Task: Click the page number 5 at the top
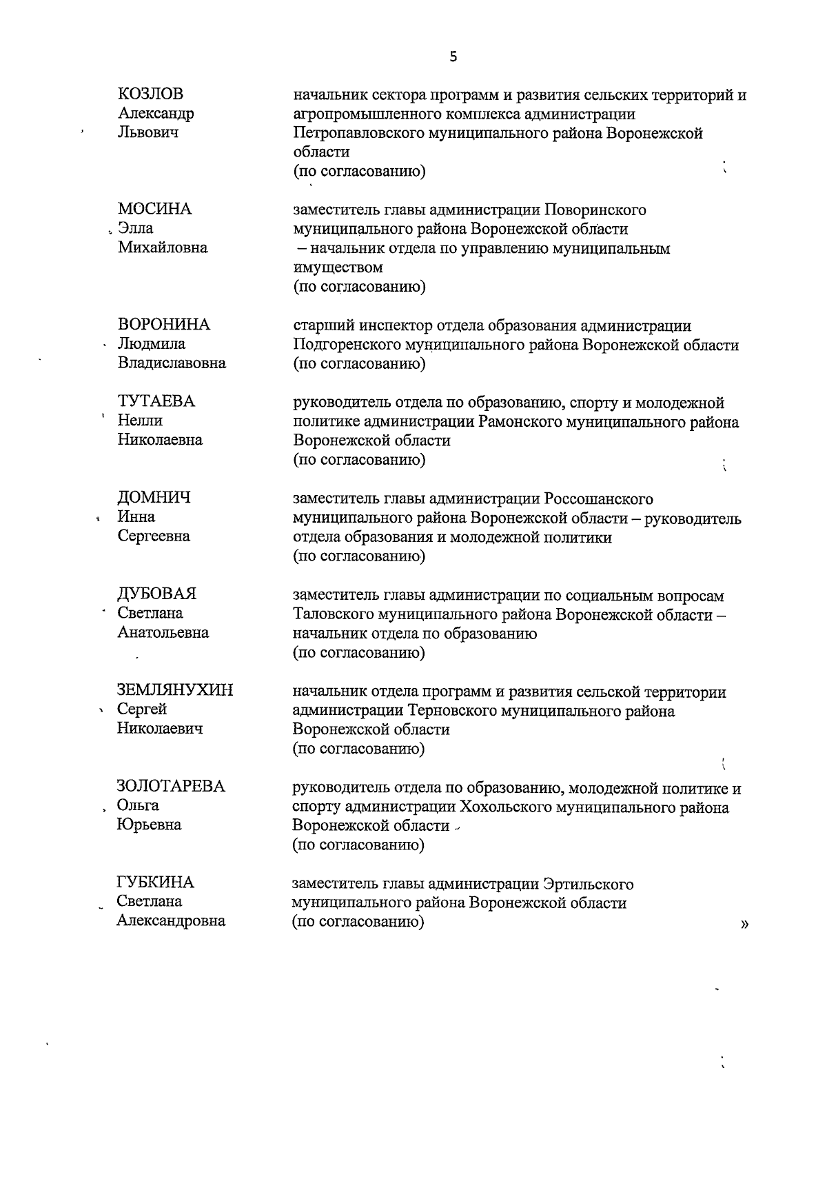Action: click(453, 57)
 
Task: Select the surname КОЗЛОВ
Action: click(151, 94)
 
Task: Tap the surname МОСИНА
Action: click(154, 209)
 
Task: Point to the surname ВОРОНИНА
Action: click(164, 325)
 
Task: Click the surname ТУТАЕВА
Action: click(156, 401)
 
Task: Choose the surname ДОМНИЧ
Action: click(154, 498)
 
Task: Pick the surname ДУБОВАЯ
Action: click(157, 594)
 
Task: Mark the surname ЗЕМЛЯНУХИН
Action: click(175, 690)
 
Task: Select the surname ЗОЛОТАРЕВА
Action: click(171, 786)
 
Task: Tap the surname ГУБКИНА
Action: click(156, 883)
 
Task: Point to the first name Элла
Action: click(135, 228)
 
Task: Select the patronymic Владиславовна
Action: click(172, 363)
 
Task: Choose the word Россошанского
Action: click(598, 498)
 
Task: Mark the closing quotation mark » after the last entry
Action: click(744, 925)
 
